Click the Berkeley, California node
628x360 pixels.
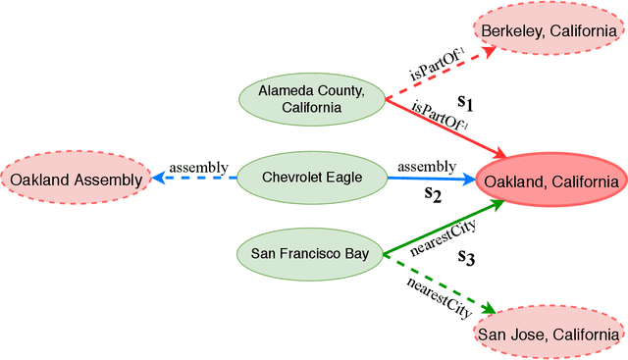click(x=550, y=30)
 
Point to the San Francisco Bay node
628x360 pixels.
click(x=310, y=254)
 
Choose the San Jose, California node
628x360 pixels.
click(x=549, y=334)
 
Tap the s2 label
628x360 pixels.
click(x=433, y=193)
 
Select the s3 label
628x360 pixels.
click(x=466, y=257)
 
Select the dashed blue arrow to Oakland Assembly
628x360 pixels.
click(x=196, y=179)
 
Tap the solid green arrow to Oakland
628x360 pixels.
click(x=446, y=226)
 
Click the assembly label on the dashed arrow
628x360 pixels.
click(x=199, y=167)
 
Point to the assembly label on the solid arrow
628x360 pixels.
click(x=426, y=167)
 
